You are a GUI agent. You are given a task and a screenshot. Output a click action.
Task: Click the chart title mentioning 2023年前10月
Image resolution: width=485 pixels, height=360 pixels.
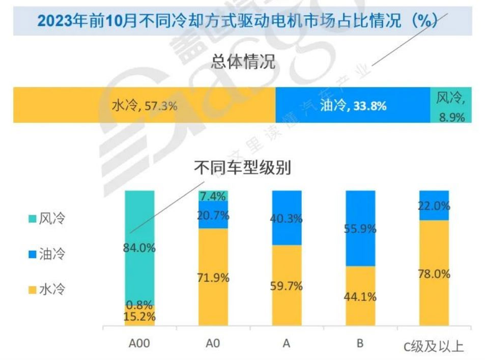238,21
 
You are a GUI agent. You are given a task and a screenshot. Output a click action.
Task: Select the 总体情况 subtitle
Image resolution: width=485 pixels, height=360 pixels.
243,63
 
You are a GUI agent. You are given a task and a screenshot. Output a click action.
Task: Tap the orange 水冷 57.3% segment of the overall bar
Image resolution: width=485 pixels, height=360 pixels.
144,105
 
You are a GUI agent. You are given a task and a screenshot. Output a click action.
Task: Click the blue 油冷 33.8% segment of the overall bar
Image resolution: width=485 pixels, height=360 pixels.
353,105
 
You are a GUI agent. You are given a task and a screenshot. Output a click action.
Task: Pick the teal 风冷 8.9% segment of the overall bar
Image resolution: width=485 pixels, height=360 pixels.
451,105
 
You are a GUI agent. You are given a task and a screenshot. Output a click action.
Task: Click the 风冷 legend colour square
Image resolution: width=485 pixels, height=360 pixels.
32,219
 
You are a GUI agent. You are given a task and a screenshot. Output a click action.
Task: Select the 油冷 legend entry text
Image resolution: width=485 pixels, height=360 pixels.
53,254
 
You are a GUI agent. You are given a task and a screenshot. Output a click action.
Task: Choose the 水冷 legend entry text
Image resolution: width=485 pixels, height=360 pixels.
53,290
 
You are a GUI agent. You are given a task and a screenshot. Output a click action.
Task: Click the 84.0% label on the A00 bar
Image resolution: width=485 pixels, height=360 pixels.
139,248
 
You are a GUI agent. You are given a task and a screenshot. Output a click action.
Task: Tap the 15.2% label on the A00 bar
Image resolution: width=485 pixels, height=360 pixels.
139,316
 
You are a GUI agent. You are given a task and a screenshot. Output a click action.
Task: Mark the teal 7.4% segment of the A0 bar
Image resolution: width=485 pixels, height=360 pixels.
213,196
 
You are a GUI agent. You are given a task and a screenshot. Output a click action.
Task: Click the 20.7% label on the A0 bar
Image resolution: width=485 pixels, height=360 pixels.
213,215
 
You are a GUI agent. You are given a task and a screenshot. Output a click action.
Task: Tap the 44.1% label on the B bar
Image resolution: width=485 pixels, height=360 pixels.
360,296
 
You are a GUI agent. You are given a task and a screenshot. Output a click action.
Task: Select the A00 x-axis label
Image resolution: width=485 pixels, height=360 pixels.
139,344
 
